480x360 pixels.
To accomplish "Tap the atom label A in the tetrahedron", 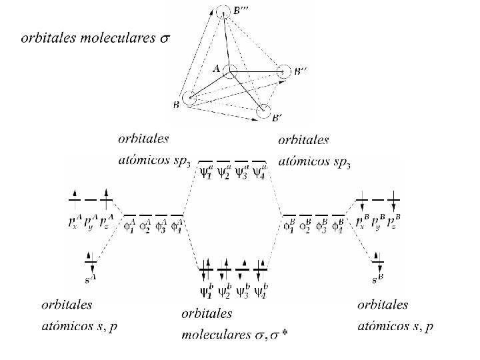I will (x=216, y=68).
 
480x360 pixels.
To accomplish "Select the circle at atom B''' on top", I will (x=225, y=11).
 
